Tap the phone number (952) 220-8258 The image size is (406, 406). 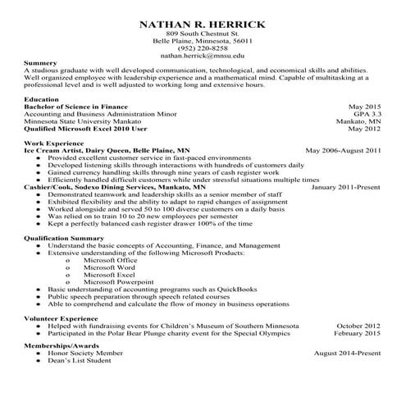tap(203, 48)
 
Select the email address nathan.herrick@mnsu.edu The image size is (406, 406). tap(203, 56)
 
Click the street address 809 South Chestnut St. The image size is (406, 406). tap(203, 33)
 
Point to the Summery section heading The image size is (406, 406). tap(41, 63)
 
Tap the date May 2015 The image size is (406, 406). tap(364, 107)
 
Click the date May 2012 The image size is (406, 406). tap(364, 129)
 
